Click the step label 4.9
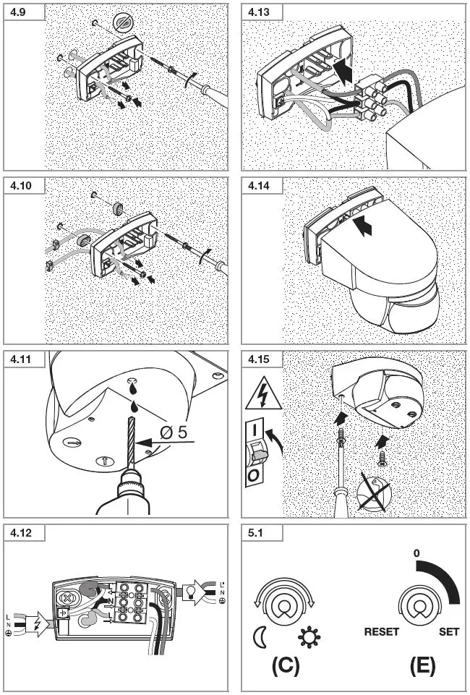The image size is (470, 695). tap(17, 12)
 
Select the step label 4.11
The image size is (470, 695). tap(20, 359)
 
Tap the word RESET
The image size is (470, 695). tap(381, 631)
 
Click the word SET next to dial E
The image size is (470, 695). tap(449, 631)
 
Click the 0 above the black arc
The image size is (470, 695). tap(416, 554)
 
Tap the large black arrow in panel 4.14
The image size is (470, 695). tap(368, 229)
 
